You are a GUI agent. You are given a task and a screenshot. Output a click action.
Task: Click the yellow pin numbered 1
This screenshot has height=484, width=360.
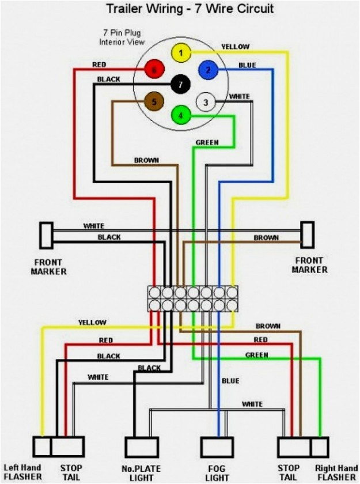point(181,54)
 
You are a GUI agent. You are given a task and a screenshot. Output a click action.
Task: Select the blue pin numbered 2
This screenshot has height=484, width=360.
point(208,70)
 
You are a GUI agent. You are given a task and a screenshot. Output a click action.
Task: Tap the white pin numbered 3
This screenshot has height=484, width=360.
point(205,103)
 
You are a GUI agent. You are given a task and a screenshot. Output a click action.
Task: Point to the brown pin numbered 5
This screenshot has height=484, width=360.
point(153,103)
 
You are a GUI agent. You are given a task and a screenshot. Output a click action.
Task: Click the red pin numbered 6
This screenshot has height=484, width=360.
point(153,70)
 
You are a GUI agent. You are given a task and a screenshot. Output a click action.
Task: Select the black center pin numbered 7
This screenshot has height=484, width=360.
point(181,85)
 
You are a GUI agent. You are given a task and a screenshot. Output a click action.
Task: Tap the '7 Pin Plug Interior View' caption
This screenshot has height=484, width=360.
point(122,38)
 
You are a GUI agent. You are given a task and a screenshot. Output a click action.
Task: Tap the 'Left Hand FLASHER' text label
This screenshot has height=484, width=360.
point(23,472)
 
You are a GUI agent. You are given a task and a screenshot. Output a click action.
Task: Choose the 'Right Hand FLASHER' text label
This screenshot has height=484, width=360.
point(336,472)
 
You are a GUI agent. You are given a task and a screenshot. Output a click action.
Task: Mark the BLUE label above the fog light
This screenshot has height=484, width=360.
point(230,381)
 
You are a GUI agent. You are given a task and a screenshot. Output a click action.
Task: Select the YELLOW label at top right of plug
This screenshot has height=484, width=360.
point(236,46)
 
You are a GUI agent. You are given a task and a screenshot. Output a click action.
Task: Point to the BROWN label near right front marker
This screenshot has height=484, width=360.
point(266,237)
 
